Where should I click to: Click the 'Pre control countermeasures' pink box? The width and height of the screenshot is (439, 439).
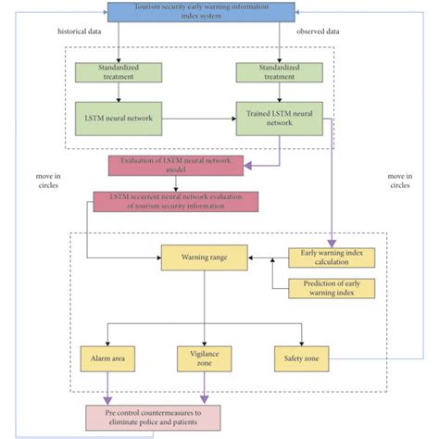[x=154, y=416]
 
